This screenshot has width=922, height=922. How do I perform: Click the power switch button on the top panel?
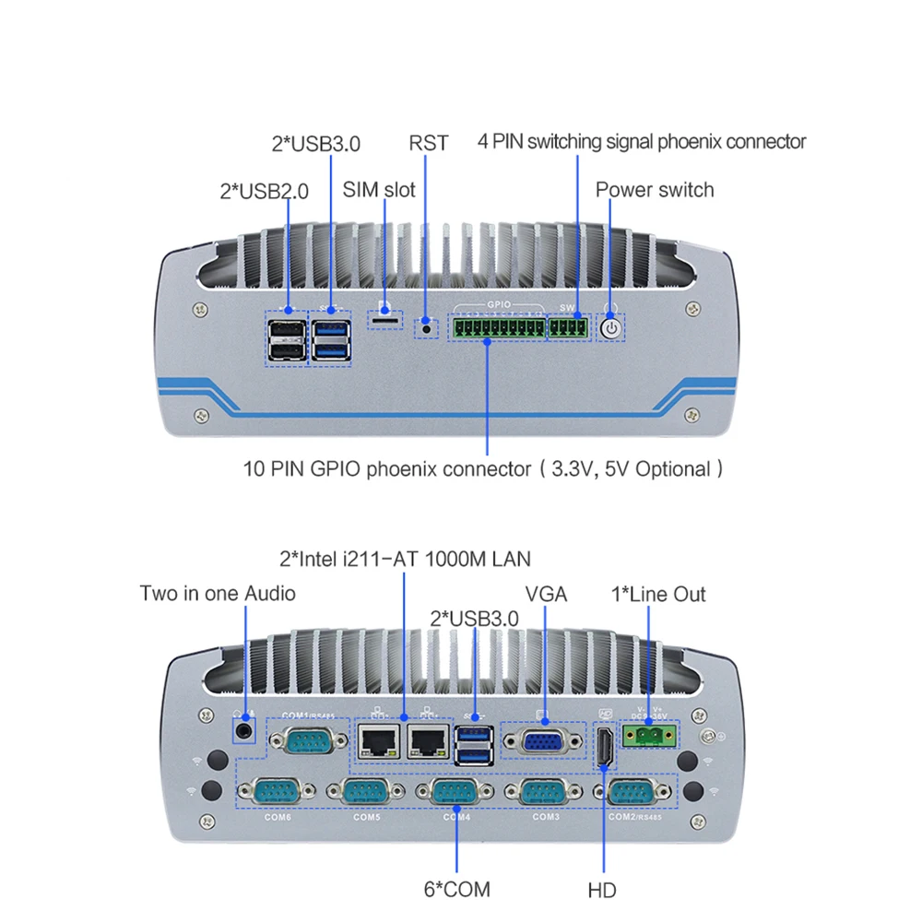[611, 326]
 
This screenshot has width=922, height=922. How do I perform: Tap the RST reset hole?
[426, 325]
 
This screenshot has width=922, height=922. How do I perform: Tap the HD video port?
[605, 745]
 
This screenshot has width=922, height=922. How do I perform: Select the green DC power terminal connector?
[650, 735]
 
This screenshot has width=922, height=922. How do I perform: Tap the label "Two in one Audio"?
[218, 593]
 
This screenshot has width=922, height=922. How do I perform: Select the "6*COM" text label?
[457, 890]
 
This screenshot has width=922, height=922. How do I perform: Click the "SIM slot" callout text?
[379, 191]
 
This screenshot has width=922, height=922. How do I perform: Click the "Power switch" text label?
[655, 190]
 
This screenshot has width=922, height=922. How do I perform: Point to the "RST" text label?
[428, 143]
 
